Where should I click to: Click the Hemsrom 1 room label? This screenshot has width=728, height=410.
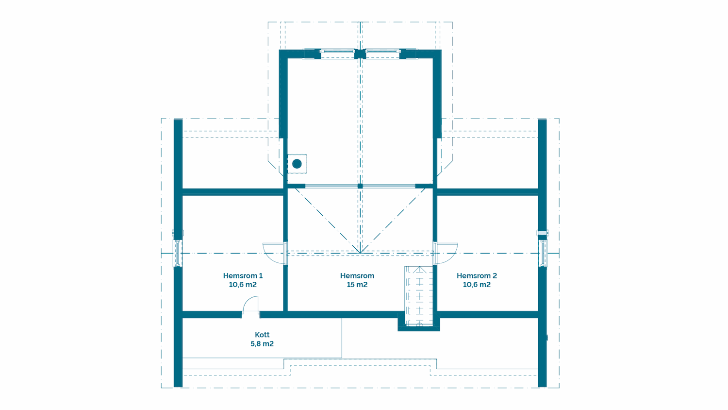click(243, 275)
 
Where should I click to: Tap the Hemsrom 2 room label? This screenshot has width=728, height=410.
click(477, 275)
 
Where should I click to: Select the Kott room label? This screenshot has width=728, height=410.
click(262, 335)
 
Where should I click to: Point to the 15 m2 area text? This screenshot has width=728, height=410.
click(357, 285)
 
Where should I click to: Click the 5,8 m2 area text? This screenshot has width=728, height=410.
click(262, 343)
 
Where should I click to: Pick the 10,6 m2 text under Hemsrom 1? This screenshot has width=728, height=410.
click(243, 285)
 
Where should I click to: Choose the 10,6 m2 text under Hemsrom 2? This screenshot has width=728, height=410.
click(477, 285)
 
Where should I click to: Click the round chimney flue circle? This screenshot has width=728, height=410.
click(297, 164)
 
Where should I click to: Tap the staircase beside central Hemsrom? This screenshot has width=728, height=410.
click(419, 296)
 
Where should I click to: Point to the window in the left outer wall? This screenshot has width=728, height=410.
click(177, 254)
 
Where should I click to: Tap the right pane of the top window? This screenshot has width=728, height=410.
click(382, 54)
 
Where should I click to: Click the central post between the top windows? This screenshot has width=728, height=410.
click(360, 54)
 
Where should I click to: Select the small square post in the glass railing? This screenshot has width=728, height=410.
click(360, 186)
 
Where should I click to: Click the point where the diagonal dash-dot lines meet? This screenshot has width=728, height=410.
click(360, 253)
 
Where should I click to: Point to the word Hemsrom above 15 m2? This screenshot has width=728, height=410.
click(357, 275)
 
